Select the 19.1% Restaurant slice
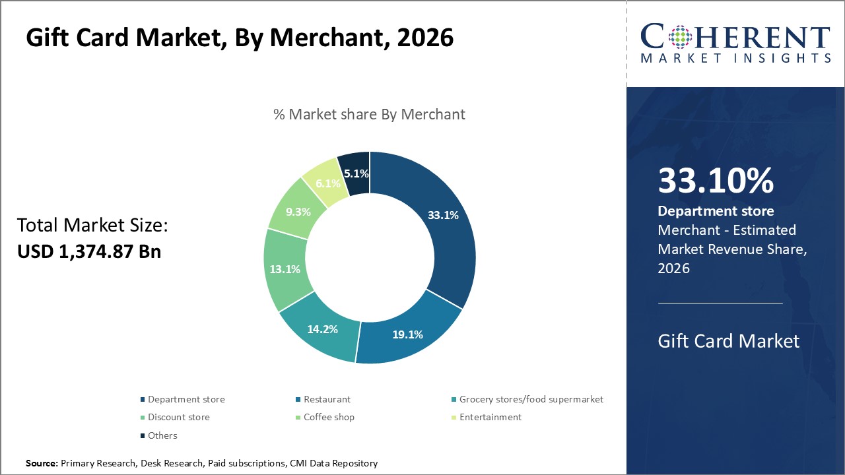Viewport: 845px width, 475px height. click(x=407, y=334)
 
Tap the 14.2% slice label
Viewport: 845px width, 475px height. click(x=323, y=329)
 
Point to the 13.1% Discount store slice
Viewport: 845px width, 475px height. click(x=285, y=269)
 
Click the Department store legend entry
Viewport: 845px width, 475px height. click(x=186, y=399)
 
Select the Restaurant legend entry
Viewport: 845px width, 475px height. click(x=327, y=399)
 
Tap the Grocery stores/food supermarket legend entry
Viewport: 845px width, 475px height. click(x=531, y=399)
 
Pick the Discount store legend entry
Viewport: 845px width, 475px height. click(x=178, y=417)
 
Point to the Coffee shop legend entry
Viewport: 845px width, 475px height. click(x=328, y=417)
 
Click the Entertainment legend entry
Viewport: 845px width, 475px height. click(x=490, y=417)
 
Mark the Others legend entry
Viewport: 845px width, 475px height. click(x=162, y=435)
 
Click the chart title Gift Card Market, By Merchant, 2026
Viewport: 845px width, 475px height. click(x=240, y=38)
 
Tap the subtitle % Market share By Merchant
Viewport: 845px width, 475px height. click(x=369, y=114)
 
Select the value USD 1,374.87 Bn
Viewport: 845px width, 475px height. click(x=89, y=251)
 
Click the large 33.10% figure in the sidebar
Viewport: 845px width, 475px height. click(x=716, y=181)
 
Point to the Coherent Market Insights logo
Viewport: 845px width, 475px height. click(x=735, y=44)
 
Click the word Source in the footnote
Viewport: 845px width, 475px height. click(x=42, y=464)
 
